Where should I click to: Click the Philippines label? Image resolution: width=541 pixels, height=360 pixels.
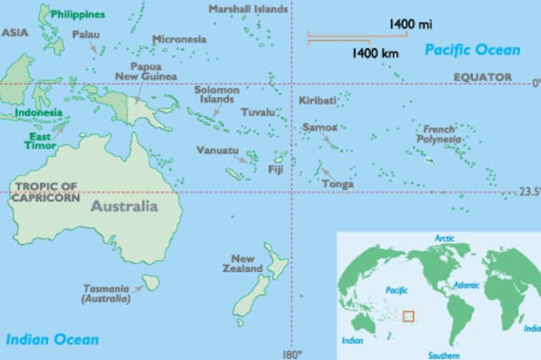coord(78,14)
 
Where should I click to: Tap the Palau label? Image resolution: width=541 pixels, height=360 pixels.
coord(86,35)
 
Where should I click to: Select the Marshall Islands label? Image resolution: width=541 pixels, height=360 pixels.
coord(247,9)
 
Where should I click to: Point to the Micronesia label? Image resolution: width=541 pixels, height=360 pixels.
coord(179,39)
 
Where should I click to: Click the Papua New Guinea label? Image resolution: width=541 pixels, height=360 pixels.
coord(152,71)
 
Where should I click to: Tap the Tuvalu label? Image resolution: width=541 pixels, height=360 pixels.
coord(258,112)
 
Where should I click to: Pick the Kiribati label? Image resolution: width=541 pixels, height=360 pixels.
coord(318,101)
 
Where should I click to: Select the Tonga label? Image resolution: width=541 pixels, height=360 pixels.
coord(338,183)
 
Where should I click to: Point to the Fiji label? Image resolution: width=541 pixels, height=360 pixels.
coord(275,168)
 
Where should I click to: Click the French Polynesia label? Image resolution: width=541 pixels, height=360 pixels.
coord(439,134)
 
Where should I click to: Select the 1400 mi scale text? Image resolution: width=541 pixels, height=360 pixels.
coord(409,25)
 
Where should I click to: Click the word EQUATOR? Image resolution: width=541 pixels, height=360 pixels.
coord(483,77)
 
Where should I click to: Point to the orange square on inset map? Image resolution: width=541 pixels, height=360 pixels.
coord(409,316)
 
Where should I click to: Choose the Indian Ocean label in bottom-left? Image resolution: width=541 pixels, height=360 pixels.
coord(52,340)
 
